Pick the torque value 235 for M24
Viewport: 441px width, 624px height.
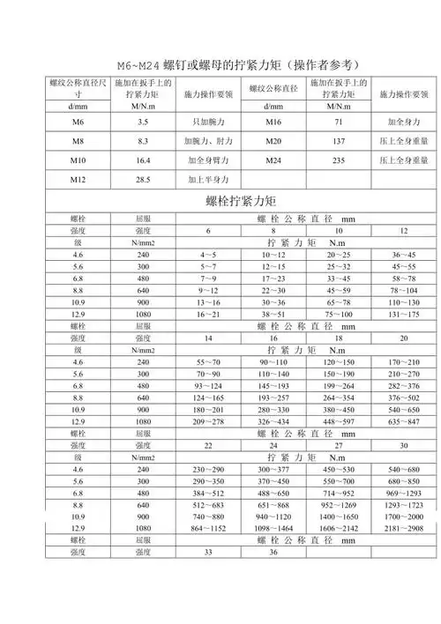point(337,160)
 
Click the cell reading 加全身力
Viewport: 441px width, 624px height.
point(403,121)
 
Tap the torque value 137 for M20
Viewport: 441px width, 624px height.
point(337,140)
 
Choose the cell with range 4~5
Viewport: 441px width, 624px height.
point(208,254)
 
